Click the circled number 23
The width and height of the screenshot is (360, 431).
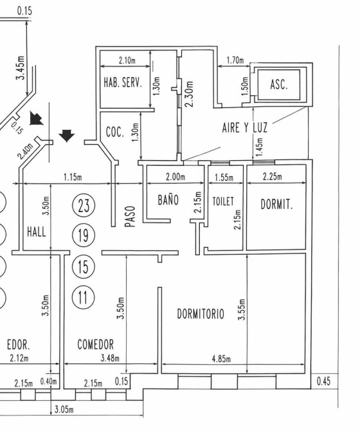click(83, 205)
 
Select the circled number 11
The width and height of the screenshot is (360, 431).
click(83, 297)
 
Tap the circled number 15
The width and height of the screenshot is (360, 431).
click(83, 266)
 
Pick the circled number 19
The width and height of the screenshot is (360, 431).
click(83, 235)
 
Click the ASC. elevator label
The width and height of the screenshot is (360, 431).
click(279, 84)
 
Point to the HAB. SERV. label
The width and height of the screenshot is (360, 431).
click(123, 82)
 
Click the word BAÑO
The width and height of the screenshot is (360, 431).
click(168, 199)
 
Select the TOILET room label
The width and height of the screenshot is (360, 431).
click(223, 201)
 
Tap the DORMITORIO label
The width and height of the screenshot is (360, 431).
click(201, 314)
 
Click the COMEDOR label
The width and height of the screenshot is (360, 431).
click(96, 344)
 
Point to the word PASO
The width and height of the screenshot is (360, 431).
click(130, 217)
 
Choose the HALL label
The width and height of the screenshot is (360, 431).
click(37, 232)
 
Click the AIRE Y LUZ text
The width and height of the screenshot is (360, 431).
click(245, 128)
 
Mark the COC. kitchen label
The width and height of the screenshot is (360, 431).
click(115, 133)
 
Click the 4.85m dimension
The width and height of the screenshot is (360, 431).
click(221, 359)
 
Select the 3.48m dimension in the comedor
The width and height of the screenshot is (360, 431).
click(110, 358)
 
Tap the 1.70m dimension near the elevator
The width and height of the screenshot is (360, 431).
click(235, 60)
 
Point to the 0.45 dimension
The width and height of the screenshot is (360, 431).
click(323, 381)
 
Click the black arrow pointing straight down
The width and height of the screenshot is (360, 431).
click(66, 136)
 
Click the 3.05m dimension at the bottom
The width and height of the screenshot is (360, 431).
click(64, 410)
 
